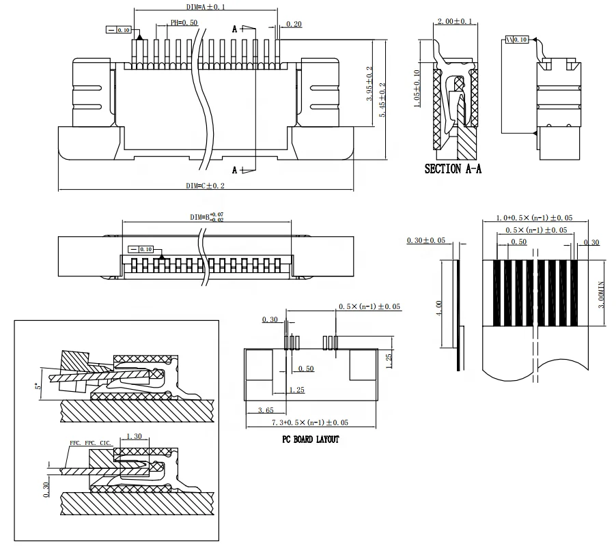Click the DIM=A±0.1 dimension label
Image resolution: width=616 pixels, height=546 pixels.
(205, 6)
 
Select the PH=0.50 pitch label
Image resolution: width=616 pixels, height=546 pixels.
(184, 23)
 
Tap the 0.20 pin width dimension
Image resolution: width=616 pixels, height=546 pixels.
(294, 24)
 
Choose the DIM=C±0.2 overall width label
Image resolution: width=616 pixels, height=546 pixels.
(205, 186)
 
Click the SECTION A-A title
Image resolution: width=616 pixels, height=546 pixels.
(453, 169)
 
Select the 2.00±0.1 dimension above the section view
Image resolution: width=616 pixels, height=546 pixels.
(454, 22)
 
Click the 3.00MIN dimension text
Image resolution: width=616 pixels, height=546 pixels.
(602, 293)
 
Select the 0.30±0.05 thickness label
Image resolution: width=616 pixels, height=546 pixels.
(425, 241)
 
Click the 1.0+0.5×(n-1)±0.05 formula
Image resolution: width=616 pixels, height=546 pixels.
(533, 218)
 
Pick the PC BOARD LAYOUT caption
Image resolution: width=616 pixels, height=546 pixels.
(311, 440)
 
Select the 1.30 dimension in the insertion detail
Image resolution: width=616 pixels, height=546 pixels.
(135, 437)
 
